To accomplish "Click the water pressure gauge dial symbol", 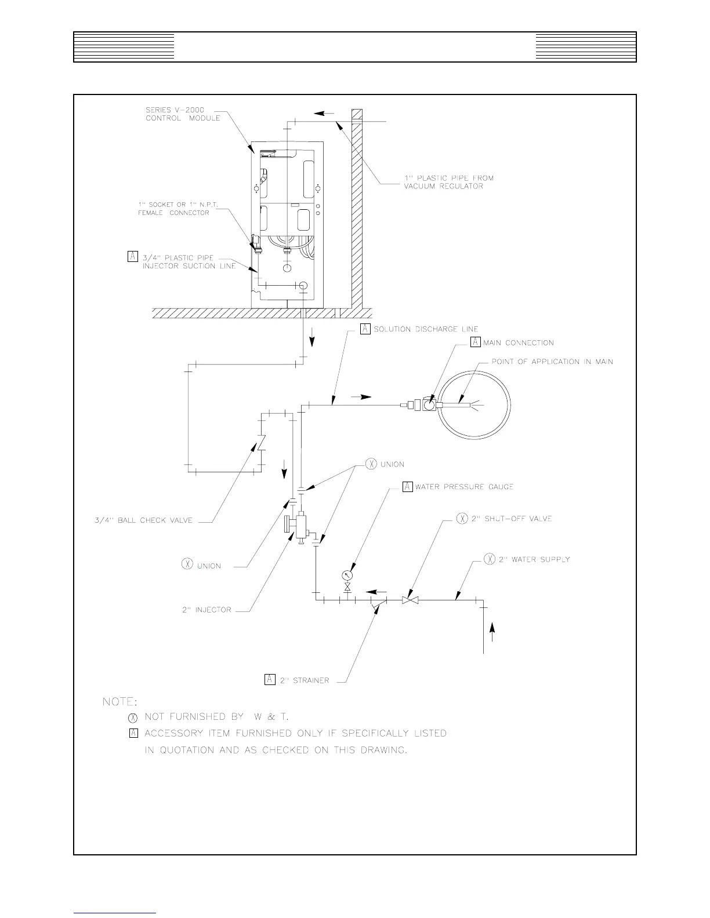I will [x=347, y=575].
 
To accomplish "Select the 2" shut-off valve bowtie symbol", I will [x=410, y=600].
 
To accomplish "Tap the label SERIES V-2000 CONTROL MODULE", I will [x=183, y=114].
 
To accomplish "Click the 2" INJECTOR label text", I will [x=207, y=610].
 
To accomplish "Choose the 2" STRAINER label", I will [x=305, y=680].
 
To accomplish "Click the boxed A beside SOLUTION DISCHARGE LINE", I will [x=365, y=329].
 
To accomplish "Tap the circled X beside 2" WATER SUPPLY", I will [x=490, y=559].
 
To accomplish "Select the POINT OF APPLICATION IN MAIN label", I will [x=552, y=362].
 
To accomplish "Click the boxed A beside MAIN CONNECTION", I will [x=475, y=342].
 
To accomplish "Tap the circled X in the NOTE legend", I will [x=133, y=717].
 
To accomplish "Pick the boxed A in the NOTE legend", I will [x=133, y=733].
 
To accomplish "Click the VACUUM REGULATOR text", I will [x=443, y=186].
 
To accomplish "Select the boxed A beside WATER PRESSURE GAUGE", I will [x=407, y=486].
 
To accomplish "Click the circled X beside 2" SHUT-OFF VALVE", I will [x=462, y=519].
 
